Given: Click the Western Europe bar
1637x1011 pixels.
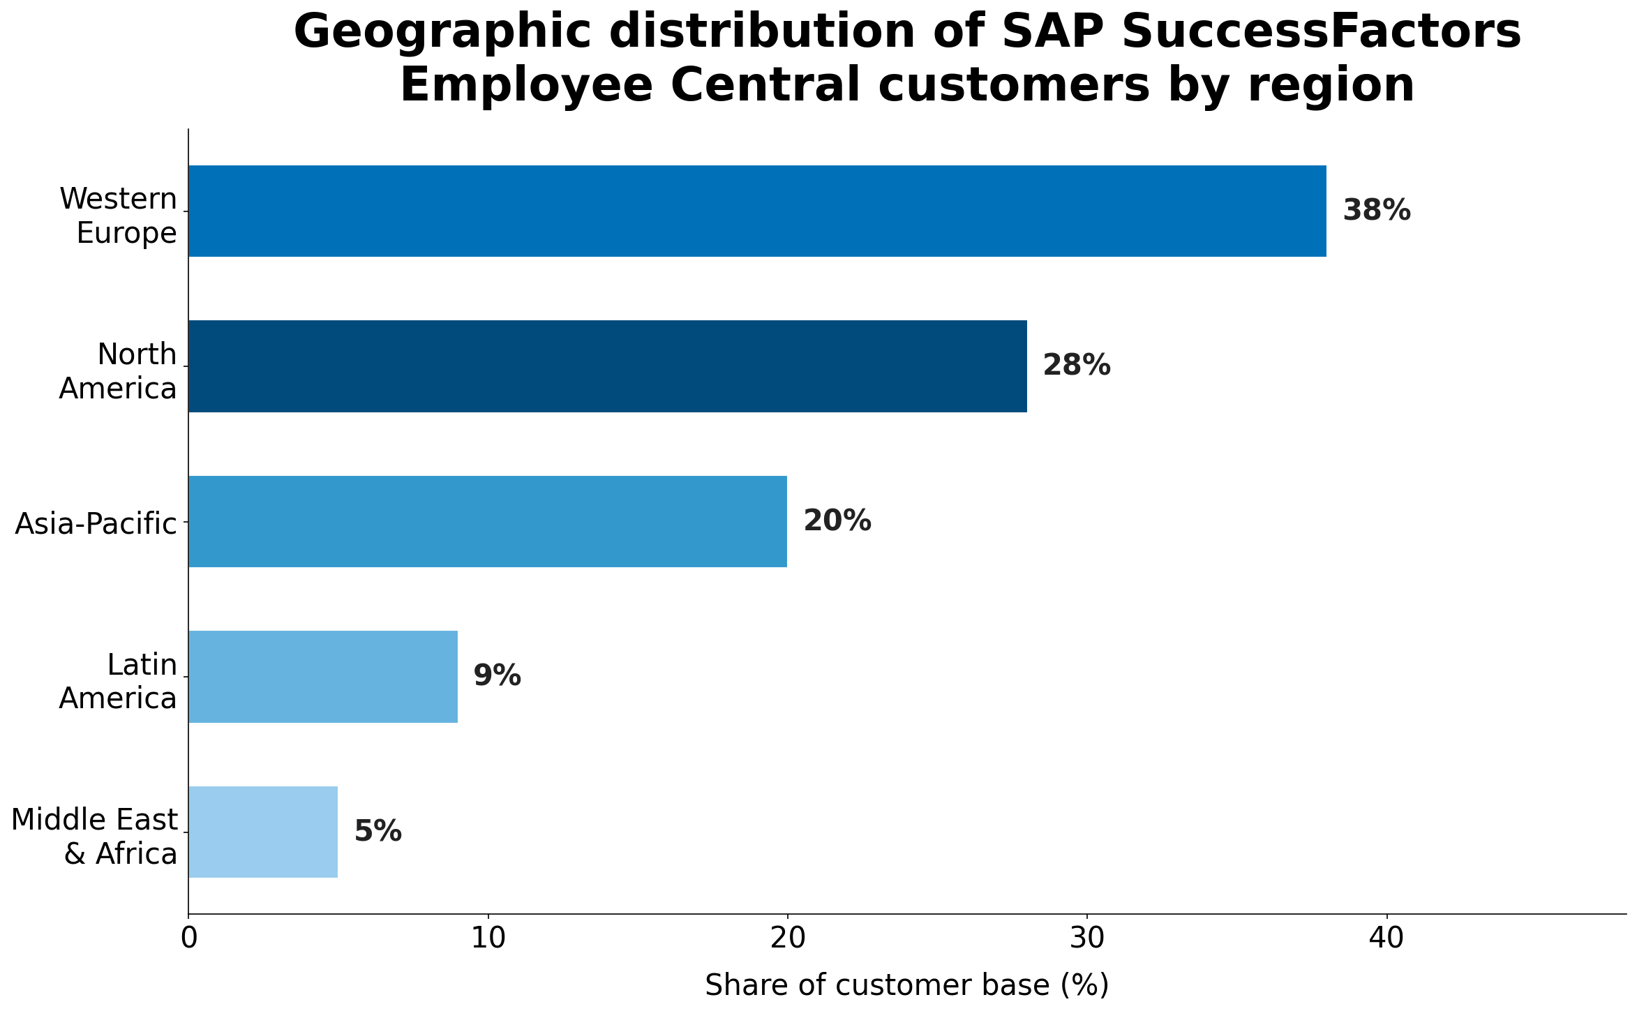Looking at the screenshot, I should (757, 211).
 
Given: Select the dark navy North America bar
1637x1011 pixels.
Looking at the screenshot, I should (607, 366).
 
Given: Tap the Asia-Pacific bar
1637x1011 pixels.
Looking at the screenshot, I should (487, 521).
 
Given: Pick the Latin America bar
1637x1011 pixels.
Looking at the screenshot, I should (322, 677).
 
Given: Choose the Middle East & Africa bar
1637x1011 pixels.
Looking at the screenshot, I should (262, 832).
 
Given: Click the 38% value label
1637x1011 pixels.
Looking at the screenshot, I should (1376, 211).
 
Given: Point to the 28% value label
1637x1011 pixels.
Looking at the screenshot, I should (1076, 366).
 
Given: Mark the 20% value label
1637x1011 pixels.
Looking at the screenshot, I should (837, 521).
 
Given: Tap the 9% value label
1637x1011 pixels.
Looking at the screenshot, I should (497, 677).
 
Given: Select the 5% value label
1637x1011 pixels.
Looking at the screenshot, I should (378, 832).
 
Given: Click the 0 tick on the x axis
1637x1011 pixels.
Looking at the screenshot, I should (188, 939).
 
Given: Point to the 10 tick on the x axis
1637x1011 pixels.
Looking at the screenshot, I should (488, 939).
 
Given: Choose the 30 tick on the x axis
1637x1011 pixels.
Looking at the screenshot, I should (1086, 939).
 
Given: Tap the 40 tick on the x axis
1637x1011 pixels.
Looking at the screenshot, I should (1386, 939).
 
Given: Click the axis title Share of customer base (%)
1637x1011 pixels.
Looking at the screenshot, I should (906, 985).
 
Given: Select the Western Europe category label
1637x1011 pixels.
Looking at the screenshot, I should (119, 216).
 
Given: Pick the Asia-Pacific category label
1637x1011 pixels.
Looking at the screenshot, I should (96, 523).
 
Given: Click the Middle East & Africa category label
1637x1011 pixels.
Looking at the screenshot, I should (95, 837).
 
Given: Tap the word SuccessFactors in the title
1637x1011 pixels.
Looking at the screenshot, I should (1261, 33).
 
